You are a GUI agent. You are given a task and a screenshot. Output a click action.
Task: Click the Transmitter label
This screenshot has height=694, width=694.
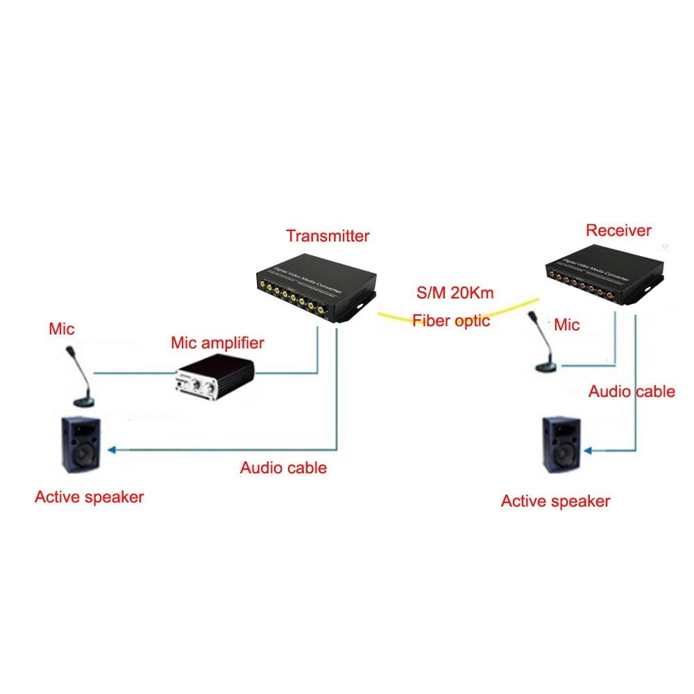coord(328,236)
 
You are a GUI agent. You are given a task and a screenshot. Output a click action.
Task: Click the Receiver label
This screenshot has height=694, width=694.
coord(618,230)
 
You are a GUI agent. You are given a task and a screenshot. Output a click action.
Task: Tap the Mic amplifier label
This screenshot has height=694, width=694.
coord(217,343)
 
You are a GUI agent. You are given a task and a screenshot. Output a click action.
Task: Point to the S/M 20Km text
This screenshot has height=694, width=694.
coord(455,293)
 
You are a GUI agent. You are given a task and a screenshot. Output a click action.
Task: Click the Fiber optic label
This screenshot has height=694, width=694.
coord(451,321)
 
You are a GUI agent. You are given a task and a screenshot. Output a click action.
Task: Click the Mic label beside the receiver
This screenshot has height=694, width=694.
coord(567,324)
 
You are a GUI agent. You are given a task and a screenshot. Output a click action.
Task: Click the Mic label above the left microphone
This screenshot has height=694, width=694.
coord(61,328)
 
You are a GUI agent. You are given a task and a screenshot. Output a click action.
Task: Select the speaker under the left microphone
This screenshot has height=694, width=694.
coord(79,445)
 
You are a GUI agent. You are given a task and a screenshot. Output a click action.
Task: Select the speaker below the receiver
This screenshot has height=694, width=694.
coord(562,445)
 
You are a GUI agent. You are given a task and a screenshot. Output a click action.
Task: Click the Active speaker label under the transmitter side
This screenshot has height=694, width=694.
coord(89,497)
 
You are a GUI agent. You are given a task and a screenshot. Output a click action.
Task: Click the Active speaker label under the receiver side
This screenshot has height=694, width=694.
coord(555,501)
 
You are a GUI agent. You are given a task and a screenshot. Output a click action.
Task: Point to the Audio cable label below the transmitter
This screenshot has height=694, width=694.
coord(283,468)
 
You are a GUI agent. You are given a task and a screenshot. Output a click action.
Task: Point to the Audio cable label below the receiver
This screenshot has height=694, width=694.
coord(632,391)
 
